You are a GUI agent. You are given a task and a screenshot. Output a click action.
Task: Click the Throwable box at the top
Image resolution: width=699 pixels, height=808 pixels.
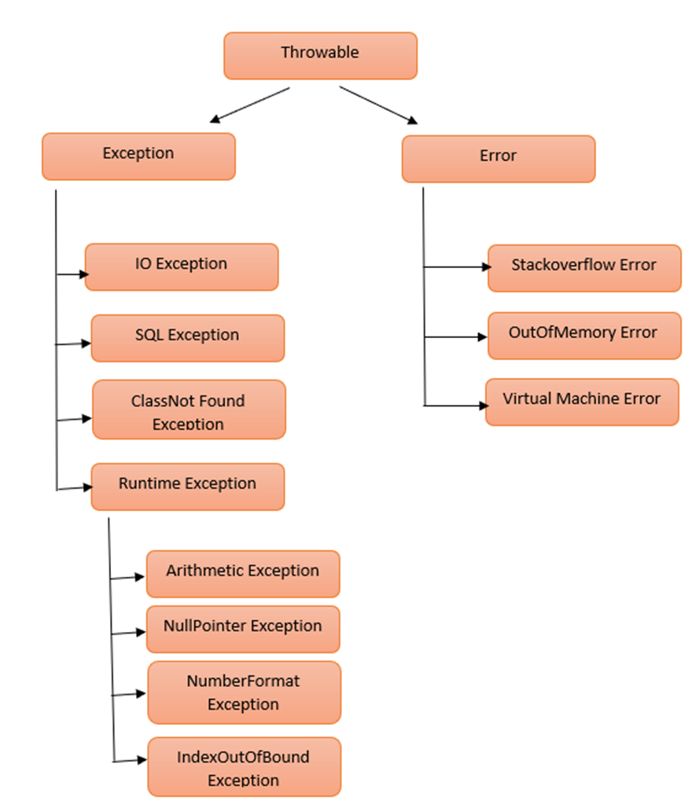click(320, 55)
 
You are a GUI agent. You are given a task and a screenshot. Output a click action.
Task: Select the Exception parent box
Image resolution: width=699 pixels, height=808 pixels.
click(138, 156)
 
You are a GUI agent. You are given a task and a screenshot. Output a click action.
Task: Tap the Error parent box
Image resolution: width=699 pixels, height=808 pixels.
click(498, 159)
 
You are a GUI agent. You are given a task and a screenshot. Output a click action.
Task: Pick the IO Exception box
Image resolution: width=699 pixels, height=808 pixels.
click(182, 266)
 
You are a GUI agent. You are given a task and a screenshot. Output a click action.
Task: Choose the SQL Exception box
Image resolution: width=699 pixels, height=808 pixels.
click(187, 338)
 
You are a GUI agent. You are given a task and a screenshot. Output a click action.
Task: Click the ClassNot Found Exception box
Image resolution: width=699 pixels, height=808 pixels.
click(189, 410)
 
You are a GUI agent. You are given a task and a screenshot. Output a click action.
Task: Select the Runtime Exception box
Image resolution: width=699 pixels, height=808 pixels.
click(187, 487)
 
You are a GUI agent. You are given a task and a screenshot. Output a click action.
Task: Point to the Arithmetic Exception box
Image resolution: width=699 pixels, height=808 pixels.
click(243, 574)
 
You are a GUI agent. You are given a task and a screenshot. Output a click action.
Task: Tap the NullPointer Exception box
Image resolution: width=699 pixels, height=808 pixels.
click(243, 629)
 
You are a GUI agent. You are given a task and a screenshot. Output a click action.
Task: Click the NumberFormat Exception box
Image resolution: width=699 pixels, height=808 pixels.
click(244, 692)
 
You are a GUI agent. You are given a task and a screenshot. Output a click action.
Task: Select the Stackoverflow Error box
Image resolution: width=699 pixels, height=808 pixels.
click(584, 267)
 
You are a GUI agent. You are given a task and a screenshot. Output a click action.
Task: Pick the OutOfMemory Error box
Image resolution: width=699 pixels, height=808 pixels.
click(583, 336)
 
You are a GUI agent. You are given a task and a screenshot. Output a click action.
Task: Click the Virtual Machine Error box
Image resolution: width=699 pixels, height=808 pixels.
click(582, 402)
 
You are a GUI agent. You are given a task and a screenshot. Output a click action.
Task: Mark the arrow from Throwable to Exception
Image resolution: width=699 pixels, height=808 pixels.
click(250, 105)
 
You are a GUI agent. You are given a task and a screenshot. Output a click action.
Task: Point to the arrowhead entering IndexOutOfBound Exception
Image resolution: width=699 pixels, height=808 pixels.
click(142, 760)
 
